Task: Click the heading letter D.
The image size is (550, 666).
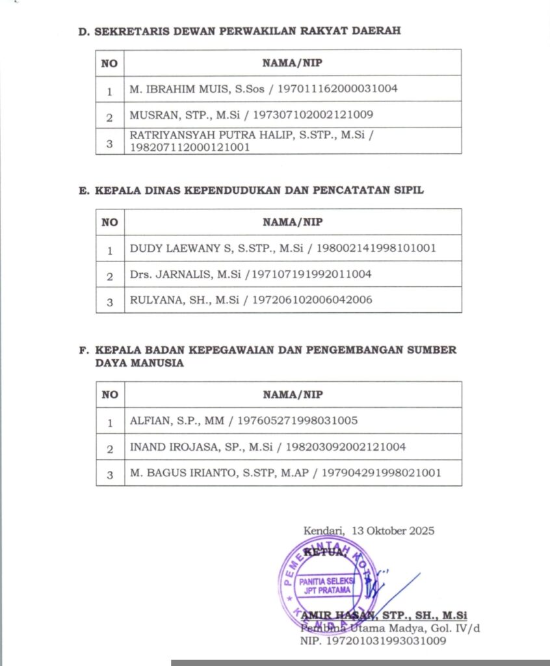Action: click(83, 31)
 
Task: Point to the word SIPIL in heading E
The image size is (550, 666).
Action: click(406, 191)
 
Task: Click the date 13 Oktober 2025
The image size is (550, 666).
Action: click(393, 531)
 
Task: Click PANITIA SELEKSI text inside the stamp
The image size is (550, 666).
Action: click(324, 581)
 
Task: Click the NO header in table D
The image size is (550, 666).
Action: click(109, 63)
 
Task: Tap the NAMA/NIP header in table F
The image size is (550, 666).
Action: click(293, 395)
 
